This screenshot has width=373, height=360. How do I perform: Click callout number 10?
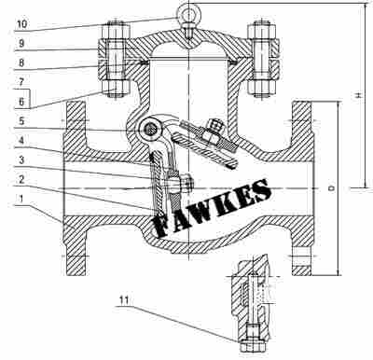click(21, 24)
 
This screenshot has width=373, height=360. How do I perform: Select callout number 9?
click(21, 43)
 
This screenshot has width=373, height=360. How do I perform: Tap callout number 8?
click(21, 62)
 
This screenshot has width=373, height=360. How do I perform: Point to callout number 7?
click(21, 82)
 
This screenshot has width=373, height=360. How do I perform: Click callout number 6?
click(21, 102)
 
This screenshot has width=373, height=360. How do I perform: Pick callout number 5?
click(21, 121)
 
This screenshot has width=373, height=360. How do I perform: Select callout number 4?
click(21, 140)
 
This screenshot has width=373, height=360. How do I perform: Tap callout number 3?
click(21, 159)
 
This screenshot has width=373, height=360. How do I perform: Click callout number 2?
click(21, 179)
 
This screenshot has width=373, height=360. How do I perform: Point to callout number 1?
click(21, 199)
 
